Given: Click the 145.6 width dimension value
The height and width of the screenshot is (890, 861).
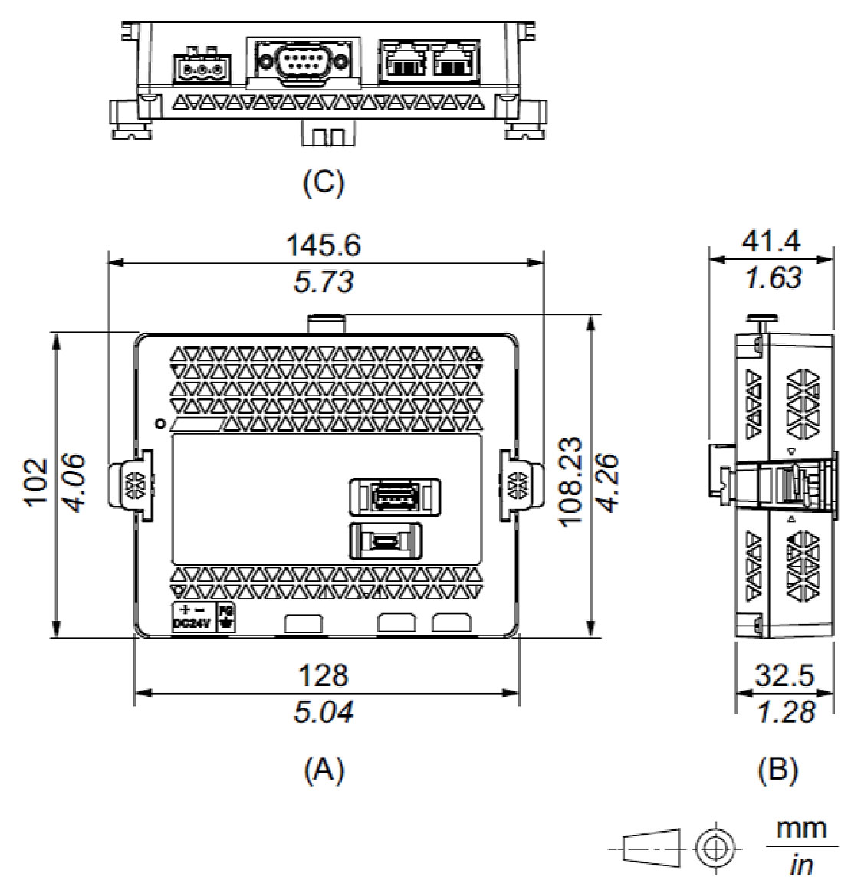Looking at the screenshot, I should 323,245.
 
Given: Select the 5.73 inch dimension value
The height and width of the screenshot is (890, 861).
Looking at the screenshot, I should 324,282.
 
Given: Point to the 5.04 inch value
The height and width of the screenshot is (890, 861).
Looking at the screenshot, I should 324,712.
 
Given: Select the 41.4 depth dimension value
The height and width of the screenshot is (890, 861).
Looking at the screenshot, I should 771,242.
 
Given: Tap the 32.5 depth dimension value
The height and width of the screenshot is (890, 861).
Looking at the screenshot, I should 784,675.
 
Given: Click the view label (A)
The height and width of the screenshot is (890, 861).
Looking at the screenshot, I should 324,768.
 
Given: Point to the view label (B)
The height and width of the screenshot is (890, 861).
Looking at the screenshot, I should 777,769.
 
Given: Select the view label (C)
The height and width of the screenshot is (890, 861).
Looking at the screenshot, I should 324,182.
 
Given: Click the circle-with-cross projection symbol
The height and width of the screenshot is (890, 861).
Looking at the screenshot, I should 715,847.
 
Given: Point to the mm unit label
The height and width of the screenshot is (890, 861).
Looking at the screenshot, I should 802,829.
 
